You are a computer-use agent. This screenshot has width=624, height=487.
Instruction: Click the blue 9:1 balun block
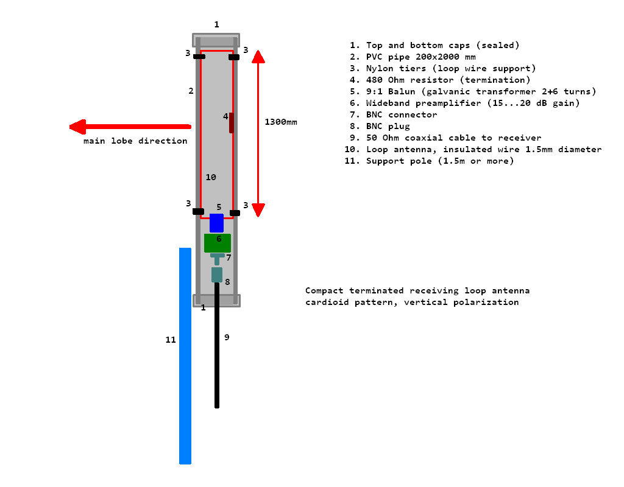[216, 222]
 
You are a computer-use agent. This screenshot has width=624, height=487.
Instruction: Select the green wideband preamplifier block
[217, 243]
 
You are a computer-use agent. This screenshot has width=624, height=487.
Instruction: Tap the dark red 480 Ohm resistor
[232, 122]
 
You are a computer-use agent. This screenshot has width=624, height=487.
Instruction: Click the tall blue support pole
[185, 356]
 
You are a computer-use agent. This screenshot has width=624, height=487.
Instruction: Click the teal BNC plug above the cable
[217, 275]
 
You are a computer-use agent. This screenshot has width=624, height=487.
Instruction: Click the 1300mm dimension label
[280, 122]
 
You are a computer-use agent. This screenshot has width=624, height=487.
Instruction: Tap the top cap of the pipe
[216, 40]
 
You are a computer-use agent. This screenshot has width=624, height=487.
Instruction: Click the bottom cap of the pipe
[216, 301]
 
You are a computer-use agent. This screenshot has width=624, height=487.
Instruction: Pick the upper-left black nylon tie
[199, 57]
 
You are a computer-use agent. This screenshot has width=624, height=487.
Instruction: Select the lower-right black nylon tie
[235, 212]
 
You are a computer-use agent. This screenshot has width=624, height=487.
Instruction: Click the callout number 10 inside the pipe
[211, 177]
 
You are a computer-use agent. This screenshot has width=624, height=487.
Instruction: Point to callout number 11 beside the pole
[171, 340]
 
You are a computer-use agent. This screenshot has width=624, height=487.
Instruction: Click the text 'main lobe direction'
[135, 141]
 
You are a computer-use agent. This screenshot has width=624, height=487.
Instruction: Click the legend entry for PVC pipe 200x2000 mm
[413, 57]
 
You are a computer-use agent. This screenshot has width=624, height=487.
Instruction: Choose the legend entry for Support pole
[428, 161]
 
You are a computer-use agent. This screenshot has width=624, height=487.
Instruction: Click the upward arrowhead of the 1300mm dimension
[258, 57]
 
